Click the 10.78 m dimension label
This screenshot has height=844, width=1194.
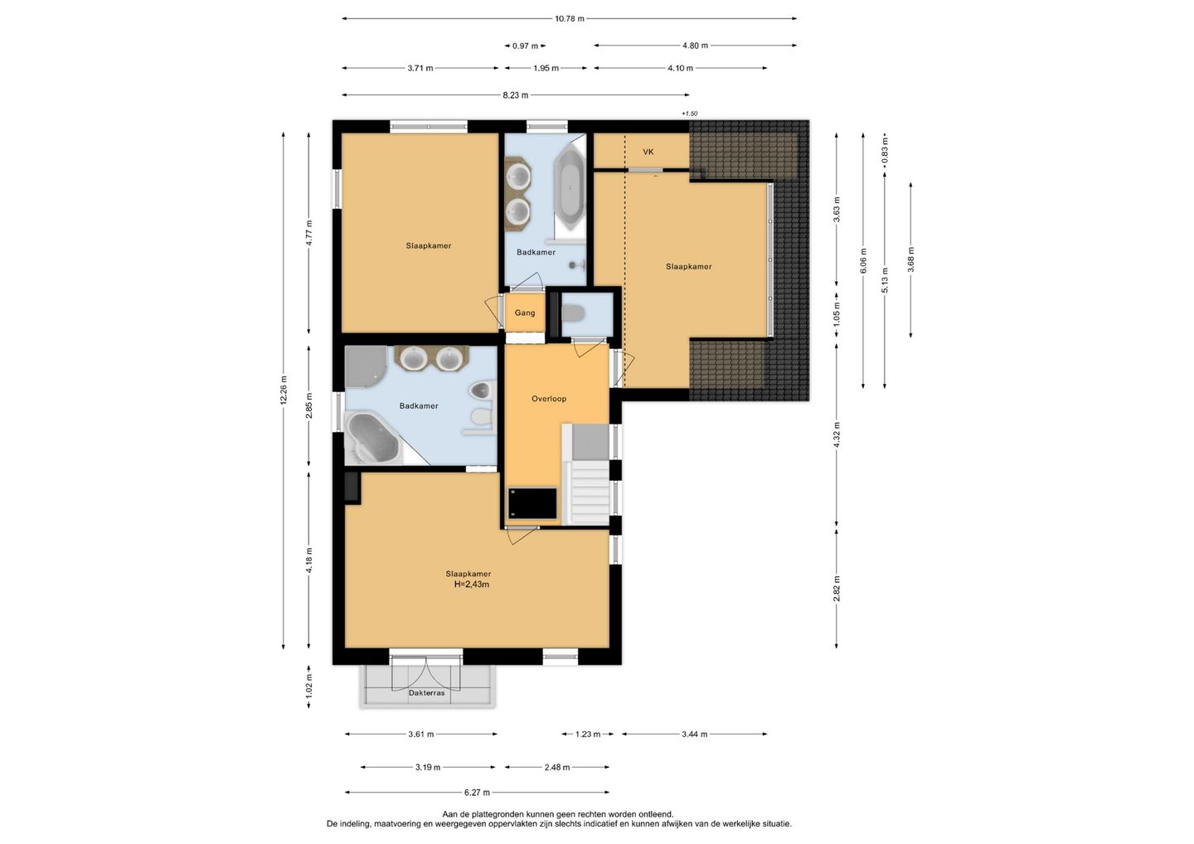tap(570, 18)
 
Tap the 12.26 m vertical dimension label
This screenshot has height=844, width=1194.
tap(284, 390)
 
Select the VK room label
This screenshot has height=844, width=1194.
tap(648, 152)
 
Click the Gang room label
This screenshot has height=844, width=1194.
tap(525, 313)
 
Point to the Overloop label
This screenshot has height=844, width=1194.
tap(549, 399)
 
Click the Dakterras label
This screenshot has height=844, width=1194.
tap(426, 693)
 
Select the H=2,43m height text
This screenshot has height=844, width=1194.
tap(471, 584)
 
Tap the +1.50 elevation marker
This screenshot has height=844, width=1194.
tap(689, 114)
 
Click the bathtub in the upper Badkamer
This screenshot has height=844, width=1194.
tap(570, 189)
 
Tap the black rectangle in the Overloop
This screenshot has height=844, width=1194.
tap(532, 503)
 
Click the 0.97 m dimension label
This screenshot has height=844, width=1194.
tap(525, 46)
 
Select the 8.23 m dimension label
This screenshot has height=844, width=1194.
tap(516, 95)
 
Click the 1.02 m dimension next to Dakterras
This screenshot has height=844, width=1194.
tap(309, 686)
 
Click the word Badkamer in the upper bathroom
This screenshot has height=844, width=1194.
tap(536, 252)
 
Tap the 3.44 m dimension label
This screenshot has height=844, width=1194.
tap(695, 735)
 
